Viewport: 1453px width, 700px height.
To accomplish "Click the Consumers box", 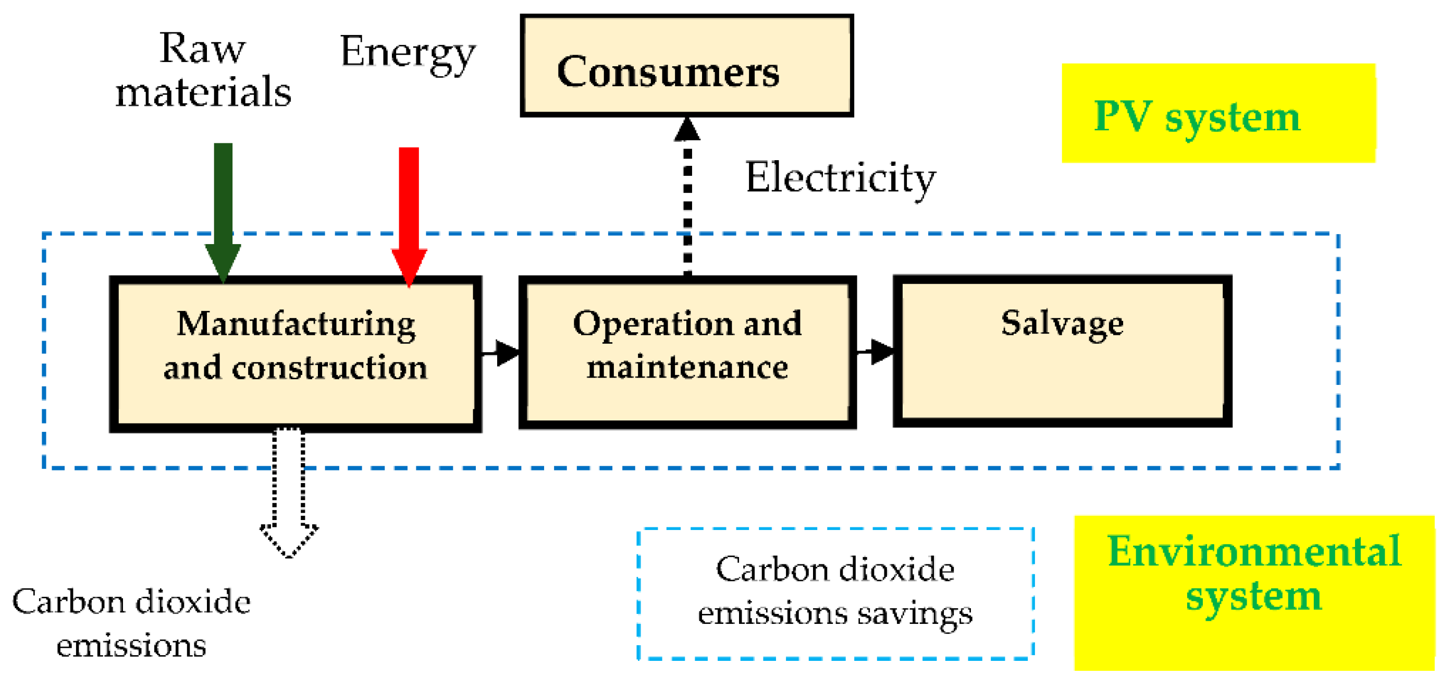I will [686, 66].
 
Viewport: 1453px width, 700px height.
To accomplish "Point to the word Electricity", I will [840, 178].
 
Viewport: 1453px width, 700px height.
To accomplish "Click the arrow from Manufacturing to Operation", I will [501, 353].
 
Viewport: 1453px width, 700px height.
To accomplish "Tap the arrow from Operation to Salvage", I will [876, 352].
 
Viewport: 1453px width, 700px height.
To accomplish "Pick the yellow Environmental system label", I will [1253, 592].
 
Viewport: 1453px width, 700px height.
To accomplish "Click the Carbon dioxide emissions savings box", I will [835, 593].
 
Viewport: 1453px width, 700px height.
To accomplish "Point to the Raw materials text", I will [203, 70].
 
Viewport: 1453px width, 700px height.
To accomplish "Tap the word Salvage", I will [1062, 324].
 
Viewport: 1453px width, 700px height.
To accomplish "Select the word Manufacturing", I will [296, 324].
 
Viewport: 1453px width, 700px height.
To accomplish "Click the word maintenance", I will [687, 368].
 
